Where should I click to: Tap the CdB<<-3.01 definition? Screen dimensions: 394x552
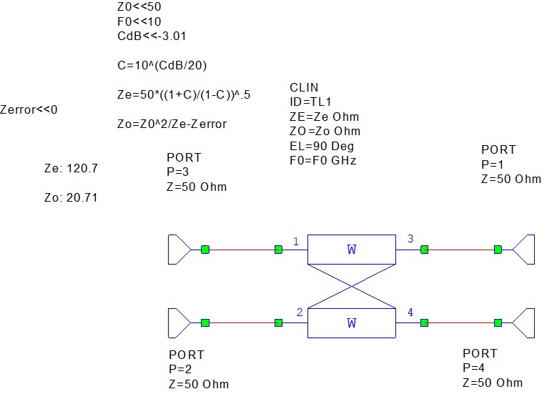pyautogui.click(x=152, y=36)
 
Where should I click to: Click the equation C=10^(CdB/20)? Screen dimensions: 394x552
pyautogui.click(x=162, y=65)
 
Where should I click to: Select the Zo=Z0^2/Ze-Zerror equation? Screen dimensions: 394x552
pyautogui.click(x=172, y=124)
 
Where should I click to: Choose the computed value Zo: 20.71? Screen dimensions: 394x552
pyautogui.click(x=71, y=197)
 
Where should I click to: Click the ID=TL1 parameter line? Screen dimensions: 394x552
pyautogui.click(x=310, y=102)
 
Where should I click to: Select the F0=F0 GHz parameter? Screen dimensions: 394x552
pyautogui.click(x=322, y=160)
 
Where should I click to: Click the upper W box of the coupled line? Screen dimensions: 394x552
pyautogui.click(x=351, y=250)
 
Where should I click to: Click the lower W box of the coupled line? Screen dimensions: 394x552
pyautogui.click(x=351, y=323)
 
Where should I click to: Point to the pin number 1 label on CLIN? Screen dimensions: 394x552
pyautogui.click(x=296, y=242)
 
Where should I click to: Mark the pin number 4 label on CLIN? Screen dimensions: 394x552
pyautogui.click(x=410, y=312)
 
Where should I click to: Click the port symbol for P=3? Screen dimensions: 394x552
pyautogui.click(x=179, y=250)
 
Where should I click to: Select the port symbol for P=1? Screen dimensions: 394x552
pyautogui.click(x=525, y=250)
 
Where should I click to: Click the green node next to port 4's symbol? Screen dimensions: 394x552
pyautogui.click(x=498, y=323)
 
